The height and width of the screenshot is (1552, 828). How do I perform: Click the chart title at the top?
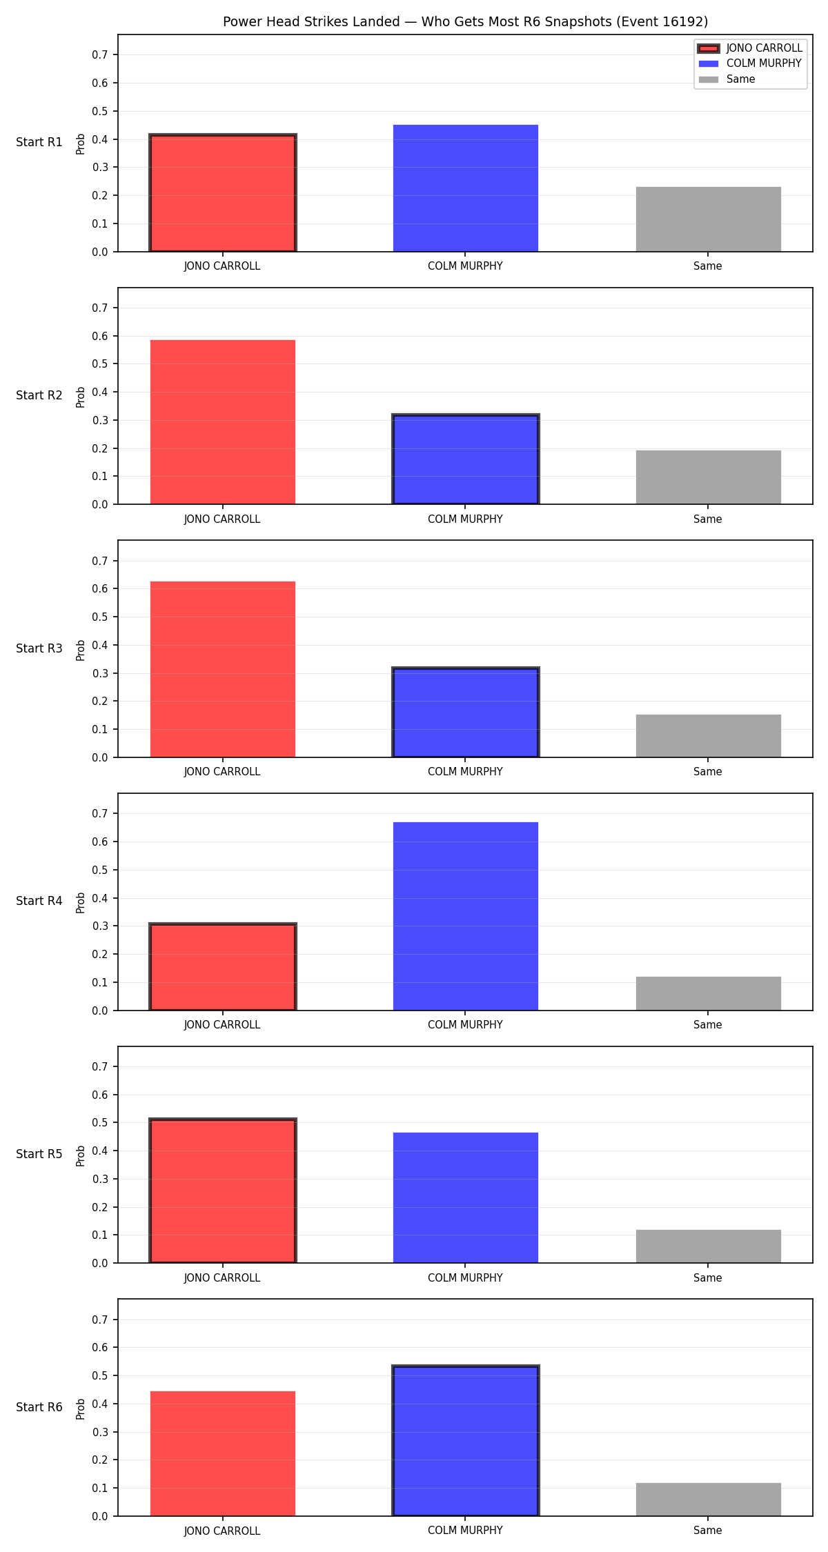[465, 21]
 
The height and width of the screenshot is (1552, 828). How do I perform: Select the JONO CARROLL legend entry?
[750, 48]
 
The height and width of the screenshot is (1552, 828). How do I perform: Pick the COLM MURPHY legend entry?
[750, 63]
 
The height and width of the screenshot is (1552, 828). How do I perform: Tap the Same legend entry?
[727, 79]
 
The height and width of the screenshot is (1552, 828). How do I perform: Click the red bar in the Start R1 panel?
[223, 193]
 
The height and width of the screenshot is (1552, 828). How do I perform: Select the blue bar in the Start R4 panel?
[466, 916]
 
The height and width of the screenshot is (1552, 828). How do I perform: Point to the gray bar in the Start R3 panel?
[709, 736]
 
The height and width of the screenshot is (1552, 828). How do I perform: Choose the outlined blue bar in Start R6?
[466, 1441]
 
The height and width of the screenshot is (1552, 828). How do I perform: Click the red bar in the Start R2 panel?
[223, 422]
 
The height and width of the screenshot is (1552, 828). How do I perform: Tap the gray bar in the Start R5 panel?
[709, 1246]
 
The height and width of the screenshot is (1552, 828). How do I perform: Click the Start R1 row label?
[39, 142]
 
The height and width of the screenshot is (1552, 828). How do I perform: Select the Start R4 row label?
[39, 901]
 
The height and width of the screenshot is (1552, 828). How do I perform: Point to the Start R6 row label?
[39, 1407]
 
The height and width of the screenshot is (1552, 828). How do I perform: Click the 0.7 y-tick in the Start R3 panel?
[100, 561]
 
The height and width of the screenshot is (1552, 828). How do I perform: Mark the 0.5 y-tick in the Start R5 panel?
[100, 1123]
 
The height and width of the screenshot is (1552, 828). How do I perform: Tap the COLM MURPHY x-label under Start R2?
[465, 519]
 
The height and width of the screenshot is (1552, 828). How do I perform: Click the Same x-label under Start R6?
[708, 1531]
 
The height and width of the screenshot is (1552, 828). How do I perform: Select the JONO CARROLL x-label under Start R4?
[222, 1025]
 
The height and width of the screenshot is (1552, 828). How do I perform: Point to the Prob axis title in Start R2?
[81, 397]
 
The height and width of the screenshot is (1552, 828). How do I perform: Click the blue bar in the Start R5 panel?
[466, 1197]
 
